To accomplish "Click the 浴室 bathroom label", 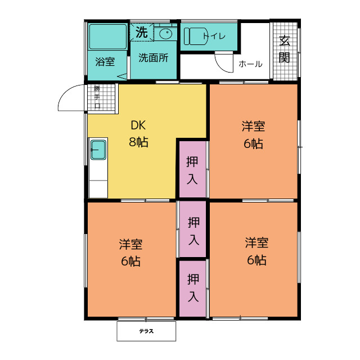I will [x=105, y=62].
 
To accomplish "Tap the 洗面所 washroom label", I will [x=154, y=58].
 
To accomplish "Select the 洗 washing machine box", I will [x=141, y=33].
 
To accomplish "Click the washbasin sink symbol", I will [x=165, y=34].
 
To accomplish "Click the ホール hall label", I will [x=250, y=64].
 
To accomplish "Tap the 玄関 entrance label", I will [x=285, y=49].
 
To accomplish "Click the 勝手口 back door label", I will [x=97, y=97].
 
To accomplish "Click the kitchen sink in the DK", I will [x=99, y=150].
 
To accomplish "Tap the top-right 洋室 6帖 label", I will [x=253, y=135].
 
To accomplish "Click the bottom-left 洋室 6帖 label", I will [x=130, y=253].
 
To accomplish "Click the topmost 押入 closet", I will [x=192, y=170].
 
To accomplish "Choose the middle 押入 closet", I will [x=193, y=230].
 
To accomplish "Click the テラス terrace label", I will [x=147, y=331].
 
